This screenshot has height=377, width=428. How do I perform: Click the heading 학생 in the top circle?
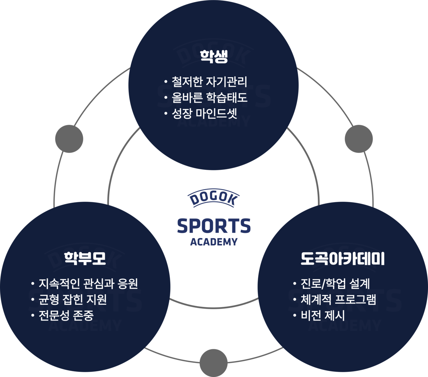click(x=214, y=56)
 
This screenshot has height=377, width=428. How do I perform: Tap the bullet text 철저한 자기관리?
click(x=209, y=82)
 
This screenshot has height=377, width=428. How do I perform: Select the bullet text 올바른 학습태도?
click(x=209, y=98)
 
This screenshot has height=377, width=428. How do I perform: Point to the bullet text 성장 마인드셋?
click(x=204, y=114)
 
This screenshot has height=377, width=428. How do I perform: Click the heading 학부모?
click(x=85, y=258)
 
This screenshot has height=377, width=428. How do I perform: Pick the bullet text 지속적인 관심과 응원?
click(x=88, y=284)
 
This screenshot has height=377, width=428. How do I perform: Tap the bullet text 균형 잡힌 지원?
click(x=73, y=299)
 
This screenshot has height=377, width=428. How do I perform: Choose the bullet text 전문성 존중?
click(x=66, y=315)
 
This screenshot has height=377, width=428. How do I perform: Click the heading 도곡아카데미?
click(x=343, y=258)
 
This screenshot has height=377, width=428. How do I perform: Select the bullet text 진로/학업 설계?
click(x=335, y=284)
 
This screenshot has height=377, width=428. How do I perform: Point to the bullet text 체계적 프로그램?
click(x=338, y=299)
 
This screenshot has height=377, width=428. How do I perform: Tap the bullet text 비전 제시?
click(x=323, y=315)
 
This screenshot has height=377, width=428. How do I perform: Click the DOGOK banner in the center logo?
click(x=213, y=198)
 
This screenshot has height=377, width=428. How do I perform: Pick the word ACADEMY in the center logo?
click(x=214, y=242)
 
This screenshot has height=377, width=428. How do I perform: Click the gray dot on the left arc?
click(x=69, y=139)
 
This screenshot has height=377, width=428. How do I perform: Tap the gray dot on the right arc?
click(x=359, y=139)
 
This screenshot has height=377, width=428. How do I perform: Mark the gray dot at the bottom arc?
click(x=213, y=363)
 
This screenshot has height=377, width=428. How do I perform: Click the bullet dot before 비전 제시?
click(x=295, y=316)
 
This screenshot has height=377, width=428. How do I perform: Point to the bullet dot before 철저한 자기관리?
click(x=166, y=82)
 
